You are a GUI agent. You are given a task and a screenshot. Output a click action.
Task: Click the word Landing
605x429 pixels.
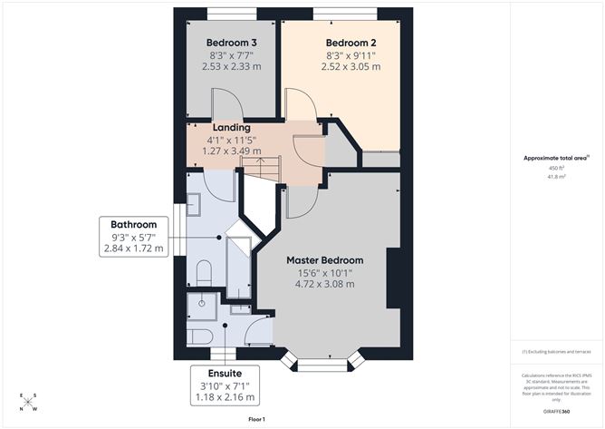pos(231,128)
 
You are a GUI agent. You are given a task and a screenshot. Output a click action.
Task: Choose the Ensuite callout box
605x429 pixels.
pos(224,385)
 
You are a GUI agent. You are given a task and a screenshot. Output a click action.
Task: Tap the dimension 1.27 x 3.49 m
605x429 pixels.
pos(231,151)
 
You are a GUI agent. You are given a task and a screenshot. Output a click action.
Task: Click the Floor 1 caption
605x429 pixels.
pos(256,419)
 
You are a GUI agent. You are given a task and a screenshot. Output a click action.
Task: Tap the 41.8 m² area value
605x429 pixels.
pos(556,178)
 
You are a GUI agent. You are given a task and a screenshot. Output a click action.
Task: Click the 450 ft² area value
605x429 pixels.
pos(556,169)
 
